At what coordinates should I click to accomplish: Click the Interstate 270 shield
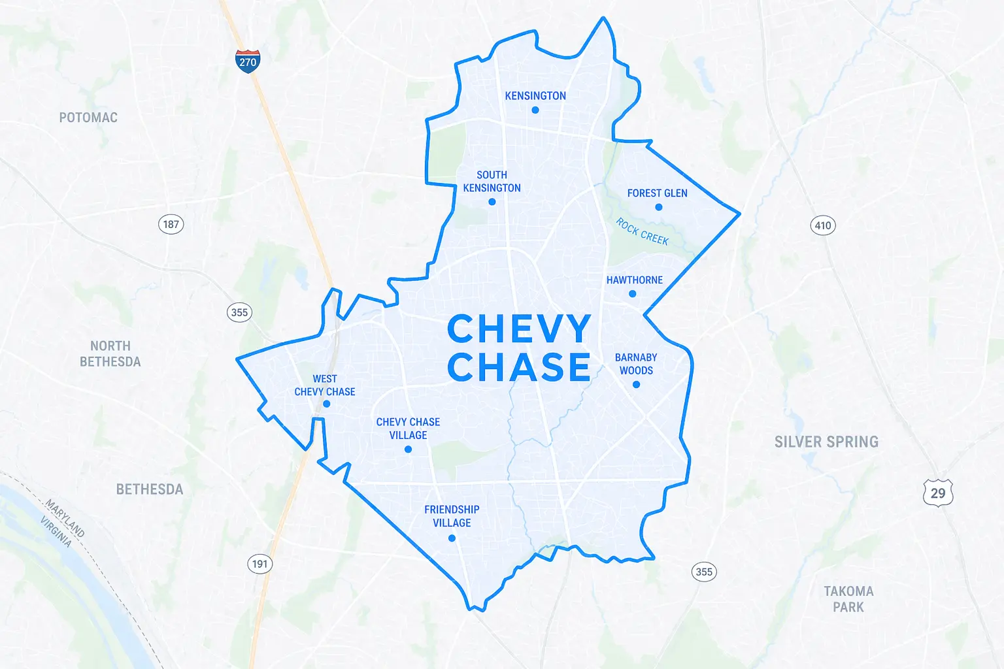(x=248, y=61)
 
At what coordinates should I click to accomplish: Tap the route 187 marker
(x=171, y=225)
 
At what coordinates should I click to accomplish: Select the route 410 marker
(x=823, y=226)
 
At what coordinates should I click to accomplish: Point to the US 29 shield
(x=938, y=493)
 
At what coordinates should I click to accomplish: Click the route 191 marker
(x=260, y=564)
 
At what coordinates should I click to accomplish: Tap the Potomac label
(x=88, y=118)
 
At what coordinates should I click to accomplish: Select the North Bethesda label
(x=110, y=353)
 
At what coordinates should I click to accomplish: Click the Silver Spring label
(x=826, y=442)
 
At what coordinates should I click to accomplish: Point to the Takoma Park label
(x=848, y=599)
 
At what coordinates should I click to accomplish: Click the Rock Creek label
(x=643, y=232)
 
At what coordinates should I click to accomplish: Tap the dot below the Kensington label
(x=535, y=110)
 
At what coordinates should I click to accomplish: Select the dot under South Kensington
(x=492, y=202)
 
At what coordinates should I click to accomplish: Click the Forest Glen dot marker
(x=659, y=207)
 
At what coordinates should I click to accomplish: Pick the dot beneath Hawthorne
(x=632, y=294)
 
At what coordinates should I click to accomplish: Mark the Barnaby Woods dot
(x=636, y=384)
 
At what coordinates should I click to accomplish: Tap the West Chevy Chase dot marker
(x=327, y=404)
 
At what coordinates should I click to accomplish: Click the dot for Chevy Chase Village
(x=408, y=449)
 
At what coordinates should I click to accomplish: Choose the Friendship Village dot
(x=452, y=538)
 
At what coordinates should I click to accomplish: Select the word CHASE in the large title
(x=519, y=367)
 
